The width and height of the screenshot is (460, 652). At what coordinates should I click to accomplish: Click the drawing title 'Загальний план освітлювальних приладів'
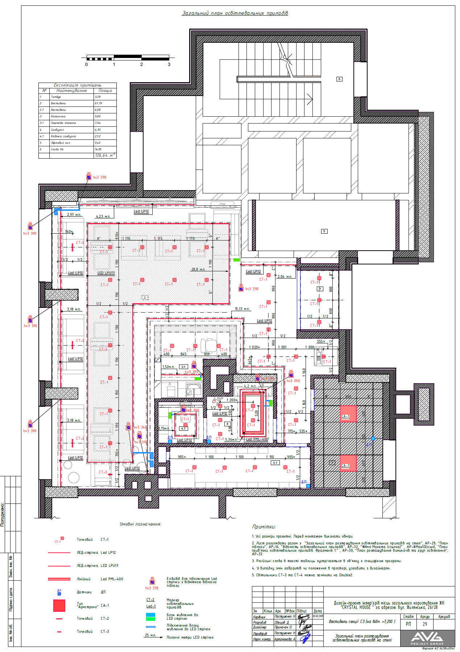tap(235, 13)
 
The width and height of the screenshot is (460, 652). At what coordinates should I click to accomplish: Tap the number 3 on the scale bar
tap(169, 64)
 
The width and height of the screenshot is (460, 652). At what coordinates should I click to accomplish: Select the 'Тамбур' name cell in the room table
tap(56, 97)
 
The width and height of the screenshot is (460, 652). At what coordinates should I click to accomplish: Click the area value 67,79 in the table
tap(98, 104)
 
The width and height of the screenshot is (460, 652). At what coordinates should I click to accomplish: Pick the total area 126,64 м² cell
tap(105, 155)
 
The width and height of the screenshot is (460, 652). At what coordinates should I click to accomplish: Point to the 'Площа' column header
tap(105, 91)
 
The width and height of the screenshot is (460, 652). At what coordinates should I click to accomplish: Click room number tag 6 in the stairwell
tap(339, 79)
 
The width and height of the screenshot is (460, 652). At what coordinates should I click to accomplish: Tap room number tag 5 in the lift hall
tap(324, 231)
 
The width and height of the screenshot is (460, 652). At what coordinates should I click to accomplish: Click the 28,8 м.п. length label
tap(198, 269)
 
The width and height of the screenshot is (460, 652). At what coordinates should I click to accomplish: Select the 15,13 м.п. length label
tap(242, 309)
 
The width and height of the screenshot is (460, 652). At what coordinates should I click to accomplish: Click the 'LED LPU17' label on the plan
tap(106, 273)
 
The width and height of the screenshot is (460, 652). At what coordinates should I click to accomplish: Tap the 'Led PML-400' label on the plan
tap(257, 439)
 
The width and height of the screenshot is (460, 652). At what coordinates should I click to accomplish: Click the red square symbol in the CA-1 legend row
tap(59, 606)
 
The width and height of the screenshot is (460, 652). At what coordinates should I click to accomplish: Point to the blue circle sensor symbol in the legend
tap(59, 594)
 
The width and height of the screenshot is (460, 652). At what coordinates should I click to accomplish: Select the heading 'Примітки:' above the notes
tap(264, 527)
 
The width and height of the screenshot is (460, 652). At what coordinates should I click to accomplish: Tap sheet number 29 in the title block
tap(424, 624)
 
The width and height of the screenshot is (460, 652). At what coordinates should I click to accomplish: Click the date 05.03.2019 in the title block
tap(318, 616)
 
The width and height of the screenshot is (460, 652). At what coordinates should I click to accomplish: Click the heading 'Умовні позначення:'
tap(140, 524)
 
